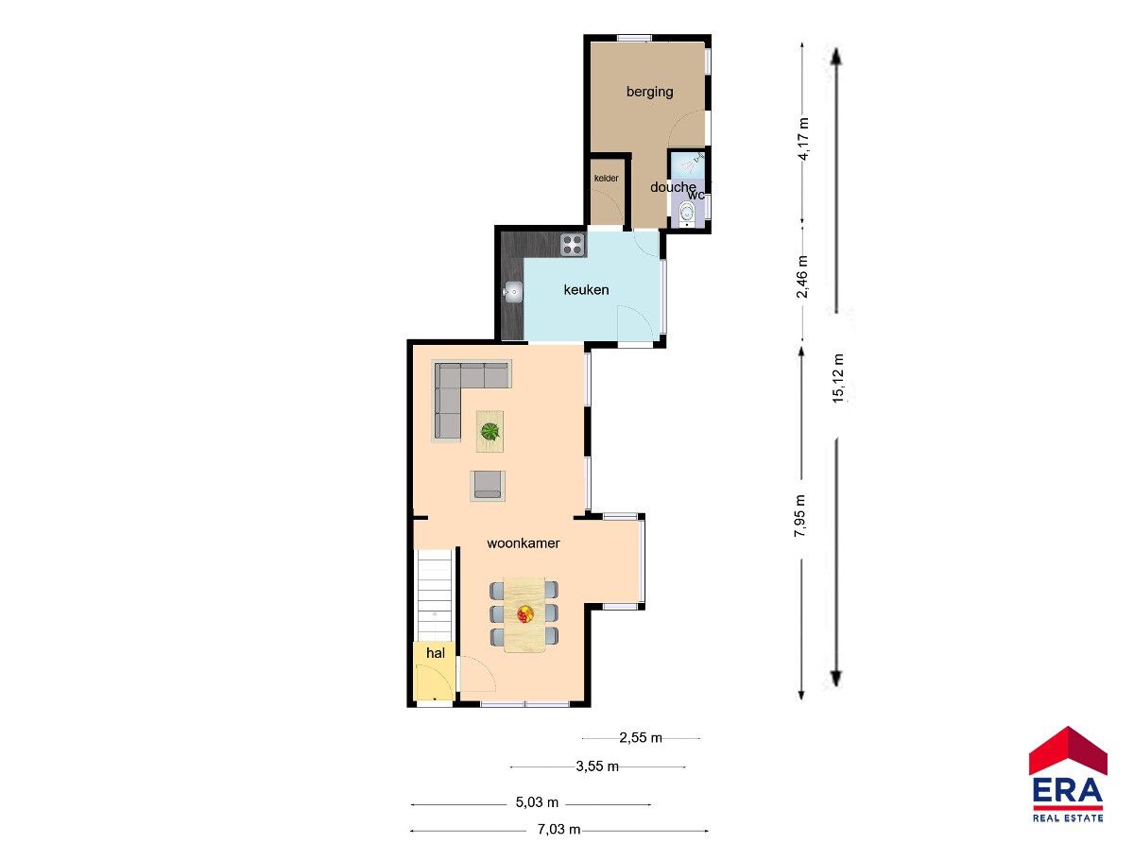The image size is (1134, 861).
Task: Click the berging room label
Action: pos(649,93)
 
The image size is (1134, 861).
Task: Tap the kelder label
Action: pos(606,179)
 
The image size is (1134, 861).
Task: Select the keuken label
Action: pos(586,290)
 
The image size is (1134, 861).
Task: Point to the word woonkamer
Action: pos(524,543)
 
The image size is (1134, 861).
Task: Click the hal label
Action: pos(436,653)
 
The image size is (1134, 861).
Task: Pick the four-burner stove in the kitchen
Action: pos(573,245)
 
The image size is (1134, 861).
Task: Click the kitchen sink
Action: pos(512,292)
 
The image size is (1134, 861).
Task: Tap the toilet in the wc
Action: pos(687,213)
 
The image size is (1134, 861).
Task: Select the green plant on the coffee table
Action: pos(490,431)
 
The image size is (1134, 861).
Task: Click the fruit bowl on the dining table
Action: pos(524,614)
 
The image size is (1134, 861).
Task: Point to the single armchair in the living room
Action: pos(488,486)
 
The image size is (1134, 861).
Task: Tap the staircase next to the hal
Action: pos(435,595)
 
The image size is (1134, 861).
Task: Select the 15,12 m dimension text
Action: pos(838,379)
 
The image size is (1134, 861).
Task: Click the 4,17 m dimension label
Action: pos(803,139)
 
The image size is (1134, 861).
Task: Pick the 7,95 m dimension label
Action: pos(799,516)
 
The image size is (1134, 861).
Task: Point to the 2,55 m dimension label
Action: pos(641,738)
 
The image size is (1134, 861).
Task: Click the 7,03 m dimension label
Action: pos(558,830)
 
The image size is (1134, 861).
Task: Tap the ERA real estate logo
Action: pos(1067,775)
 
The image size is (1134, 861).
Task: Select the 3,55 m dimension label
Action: pos(597,766)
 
